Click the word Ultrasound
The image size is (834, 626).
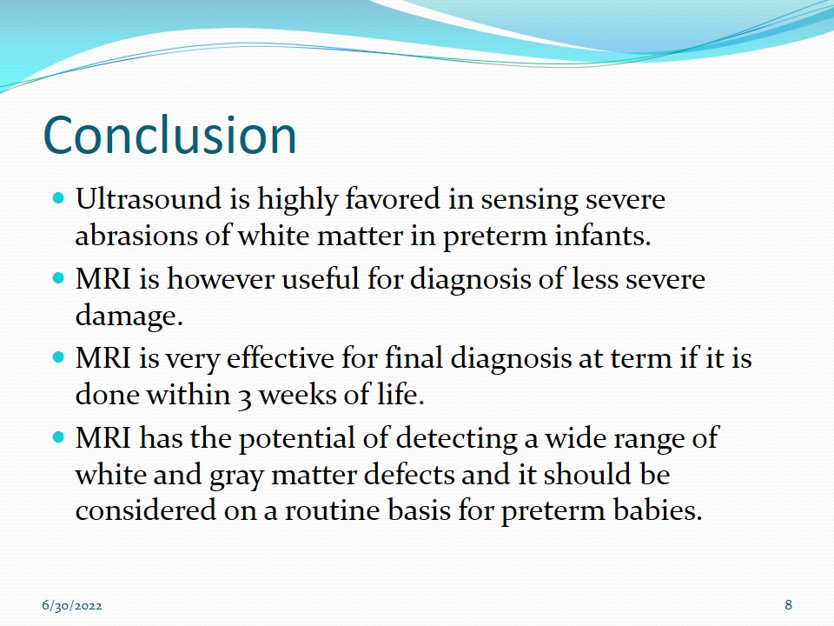[x=149, y=198]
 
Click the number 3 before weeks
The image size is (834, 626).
[x=244, y=397]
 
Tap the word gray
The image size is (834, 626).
[x=235, y=476]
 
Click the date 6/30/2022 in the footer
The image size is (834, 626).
[x=72, y=606]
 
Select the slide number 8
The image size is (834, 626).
[x=788, y=605]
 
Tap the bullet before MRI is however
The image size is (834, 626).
[x=58, y=278]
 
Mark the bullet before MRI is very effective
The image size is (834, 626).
[x=58, y=357]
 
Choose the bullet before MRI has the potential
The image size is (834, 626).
[x=58, y=437]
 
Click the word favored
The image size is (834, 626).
[x=393, y=198]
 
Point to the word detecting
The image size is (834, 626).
[x=457, y=438]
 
